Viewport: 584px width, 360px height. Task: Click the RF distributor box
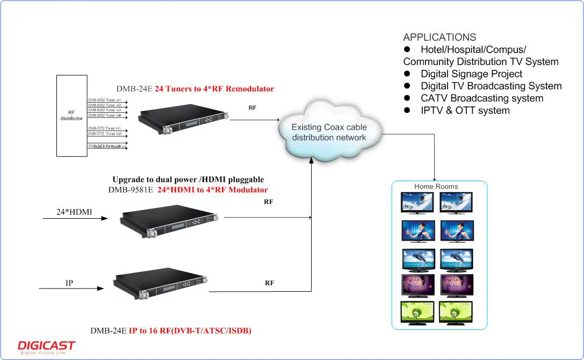(72, 116)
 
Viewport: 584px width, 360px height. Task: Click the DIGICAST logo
(46, 347)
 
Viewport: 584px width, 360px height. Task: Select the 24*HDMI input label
(74, 212)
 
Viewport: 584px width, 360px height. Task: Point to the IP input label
(69, 283)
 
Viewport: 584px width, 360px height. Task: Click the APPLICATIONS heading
(439, 38)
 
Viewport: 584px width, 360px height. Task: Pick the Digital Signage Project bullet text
(471, 74)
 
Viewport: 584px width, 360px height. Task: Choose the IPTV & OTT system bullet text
(465, 111)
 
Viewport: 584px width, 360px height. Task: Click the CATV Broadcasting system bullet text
(482, 98)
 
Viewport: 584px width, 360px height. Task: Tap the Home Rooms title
(436, 186)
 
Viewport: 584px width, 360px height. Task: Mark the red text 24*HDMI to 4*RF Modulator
(213, 190)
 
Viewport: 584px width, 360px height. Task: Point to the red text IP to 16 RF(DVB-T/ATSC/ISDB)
(190, 331)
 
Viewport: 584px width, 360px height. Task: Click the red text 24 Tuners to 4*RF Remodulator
(214, 89)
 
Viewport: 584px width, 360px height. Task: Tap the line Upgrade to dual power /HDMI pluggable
(188, 179)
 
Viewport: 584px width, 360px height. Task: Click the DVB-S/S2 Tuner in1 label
(105, 100)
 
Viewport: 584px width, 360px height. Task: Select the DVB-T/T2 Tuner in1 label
(105, 128)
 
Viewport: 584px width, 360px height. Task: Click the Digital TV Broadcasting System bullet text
(491, 87)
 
